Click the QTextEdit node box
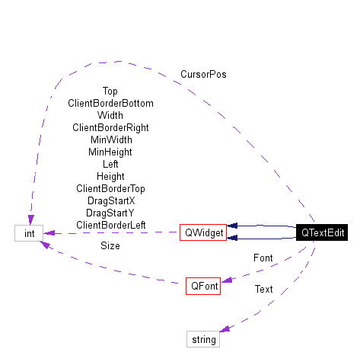click(323, 232)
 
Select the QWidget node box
click(203, 232)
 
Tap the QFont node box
click(205, 287)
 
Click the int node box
click(29, 232)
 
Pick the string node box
click(203, 339)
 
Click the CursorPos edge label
click(203, 75)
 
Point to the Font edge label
click(263, 258)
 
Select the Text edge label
click(263, 289)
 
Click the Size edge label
click(110, 246)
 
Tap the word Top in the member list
click(110, 91)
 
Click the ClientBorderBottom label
click(110, 103)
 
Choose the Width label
click(110, 115)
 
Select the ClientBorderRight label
click(110, 127)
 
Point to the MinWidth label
click(110, 139)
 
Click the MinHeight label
click(110, 152)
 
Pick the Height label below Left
click(110, 176)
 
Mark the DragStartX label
click(110, 200)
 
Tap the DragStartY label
click(110, 213)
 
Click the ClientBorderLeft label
click(110, 225)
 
